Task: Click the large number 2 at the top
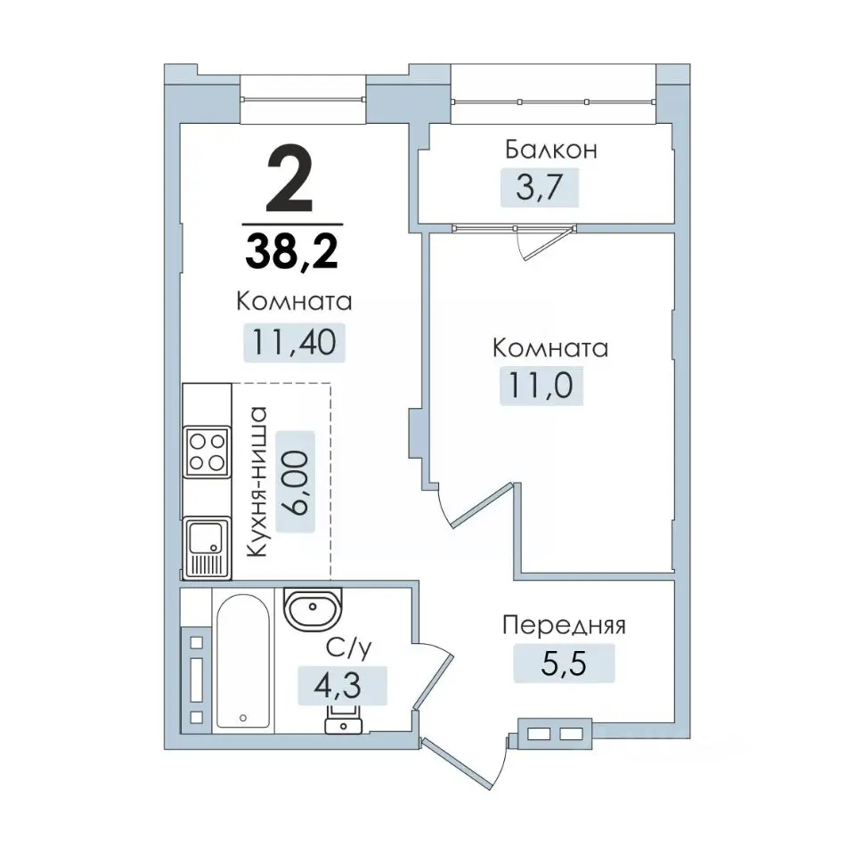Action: click(x=289, y=178)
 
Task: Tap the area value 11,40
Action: click(x=293, y=342)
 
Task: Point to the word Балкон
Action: click(x=550, y=149)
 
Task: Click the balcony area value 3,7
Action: click(x=539, y=188)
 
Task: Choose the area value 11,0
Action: click(x=541, y=385)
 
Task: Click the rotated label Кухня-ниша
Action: click(x=256, y=482)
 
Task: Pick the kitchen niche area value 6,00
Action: click(x=296, y=482)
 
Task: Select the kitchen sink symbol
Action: click(x=207, y=548)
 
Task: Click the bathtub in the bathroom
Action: click(x=243, y=661)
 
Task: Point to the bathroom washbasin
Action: click(x=313, y=608)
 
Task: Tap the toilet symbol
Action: click(x=344, y=719)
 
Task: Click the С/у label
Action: click(x=348, y=647)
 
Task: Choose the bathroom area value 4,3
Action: click(x=337, y=686)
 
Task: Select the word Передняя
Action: click(x=564, y=626)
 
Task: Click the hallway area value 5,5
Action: click(x=563, y=663)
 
